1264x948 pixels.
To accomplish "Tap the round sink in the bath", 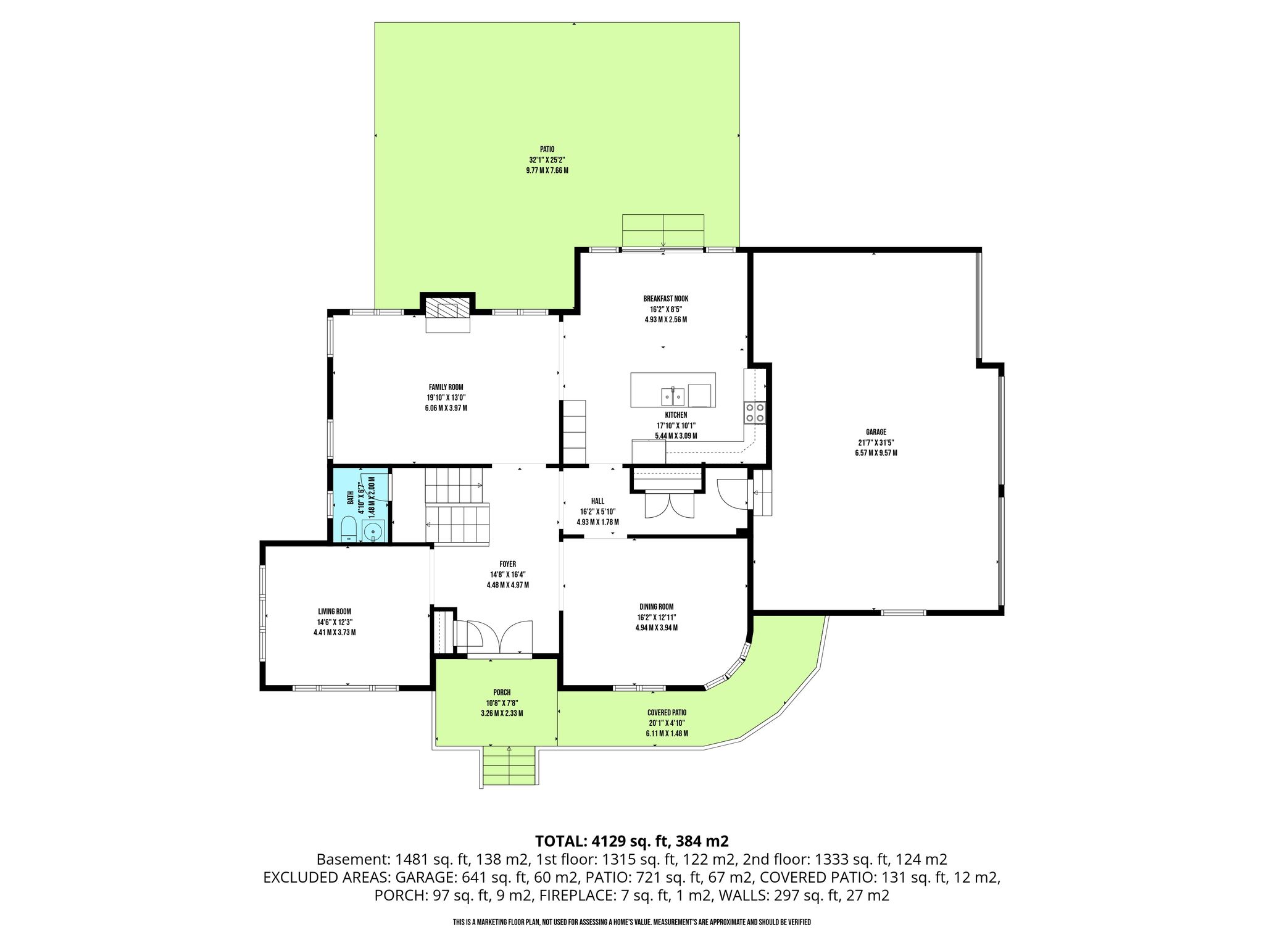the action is coord(373,531).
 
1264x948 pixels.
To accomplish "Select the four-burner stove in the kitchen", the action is coord(755,412).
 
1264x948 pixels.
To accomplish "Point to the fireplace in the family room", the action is coord(447,313).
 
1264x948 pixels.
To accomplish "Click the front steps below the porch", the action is coord(509,765).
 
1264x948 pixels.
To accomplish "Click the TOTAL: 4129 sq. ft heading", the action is coord(632,841).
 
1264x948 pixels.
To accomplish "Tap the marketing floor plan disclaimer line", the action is coord(632,922).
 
